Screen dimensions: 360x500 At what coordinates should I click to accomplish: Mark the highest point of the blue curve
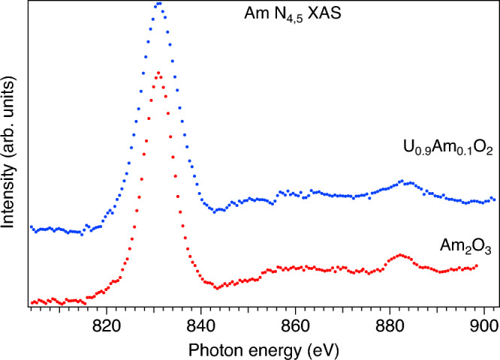[158, 3]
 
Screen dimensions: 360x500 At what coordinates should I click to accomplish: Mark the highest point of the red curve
[158, 73]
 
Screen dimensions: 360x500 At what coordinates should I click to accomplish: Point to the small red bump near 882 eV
[399, 255]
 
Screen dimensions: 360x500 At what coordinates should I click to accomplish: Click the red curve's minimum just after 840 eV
[216, 287]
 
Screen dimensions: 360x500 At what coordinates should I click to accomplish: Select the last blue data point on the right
[493, 199]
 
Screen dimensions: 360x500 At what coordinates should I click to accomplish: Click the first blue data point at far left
[31, 226]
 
